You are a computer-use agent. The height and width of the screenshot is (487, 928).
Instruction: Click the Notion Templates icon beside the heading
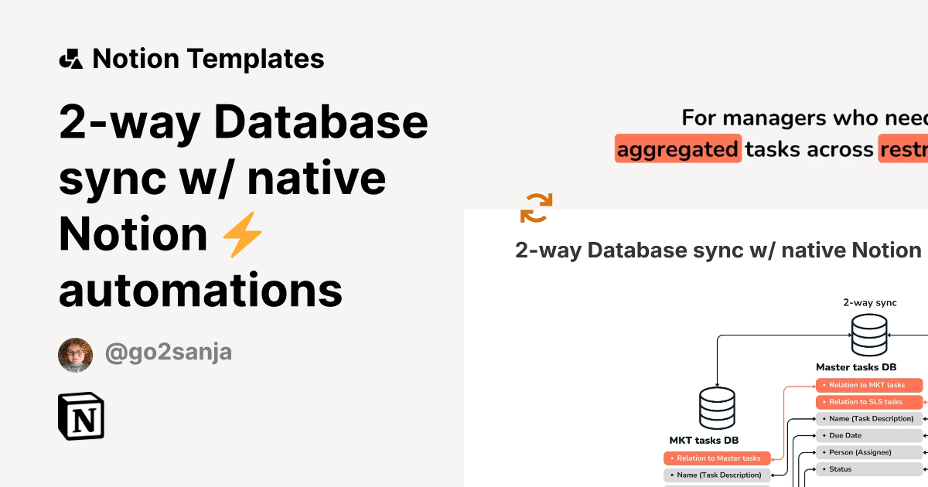(x=70, y=59)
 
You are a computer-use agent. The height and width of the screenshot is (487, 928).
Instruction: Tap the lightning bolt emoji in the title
(x=243, y=234)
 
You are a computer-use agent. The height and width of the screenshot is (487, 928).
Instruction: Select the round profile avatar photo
(x=75, y=355)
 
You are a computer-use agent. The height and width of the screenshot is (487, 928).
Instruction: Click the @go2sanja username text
(x=168, y=353)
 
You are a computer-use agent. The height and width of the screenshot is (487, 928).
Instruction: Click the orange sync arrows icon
(x=536, y=208)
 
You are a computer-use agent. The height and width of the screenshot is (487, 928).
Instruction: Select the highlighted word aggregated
(x=677, y=148)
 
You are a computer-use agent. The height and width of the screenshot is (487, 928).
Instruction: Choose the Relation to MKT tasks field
(x=869, y=385)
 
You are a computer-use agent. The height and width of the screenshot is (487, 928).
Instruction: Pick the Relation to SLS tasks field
(x=869, y=402)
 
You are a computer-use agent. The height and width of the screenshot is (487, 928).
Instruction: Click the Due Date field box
(x=869, y=435)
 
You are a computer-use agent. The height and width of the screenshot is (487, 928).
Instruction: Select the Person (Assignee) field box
(x=869, y=452)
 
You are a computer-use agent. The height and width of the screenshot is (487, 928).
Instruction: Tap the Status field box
(x=869, y=469)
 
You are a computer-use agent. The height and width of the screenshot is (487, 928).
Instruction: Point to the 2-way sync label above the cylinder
(x=870, y=303)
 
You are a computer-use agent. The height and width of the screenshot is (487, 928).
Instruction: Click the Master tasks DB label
(x=856, y=367)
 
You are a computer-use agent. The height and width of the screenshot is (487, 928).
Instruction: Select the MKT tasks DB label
(x=704, y=441)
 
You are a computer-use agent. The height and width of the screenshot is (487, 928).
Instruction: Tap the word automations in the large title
(x=201, y=290)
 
